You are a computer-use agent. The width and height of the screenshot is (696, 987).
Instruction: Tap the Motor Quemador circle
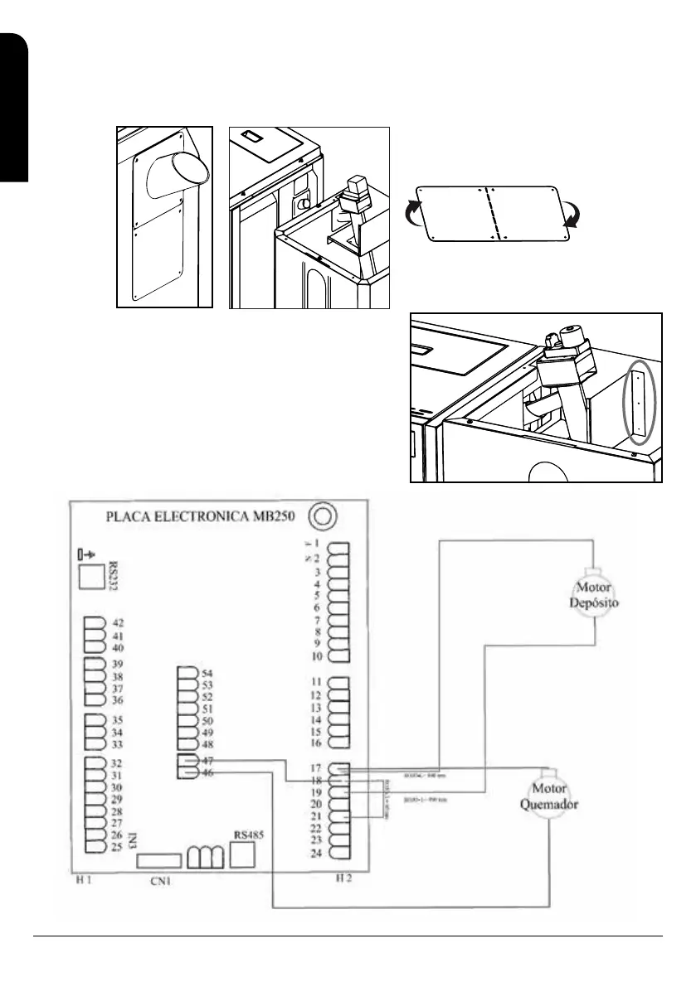pos(554,795)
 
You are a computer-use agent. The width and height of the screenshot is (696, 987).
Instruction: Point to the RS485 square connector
pos(241,855)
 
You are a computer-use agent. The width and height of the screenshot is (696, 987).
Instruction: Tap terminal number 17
pos(314,768)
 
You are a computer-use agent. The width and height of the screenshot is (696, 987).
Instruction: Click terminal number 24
pos(314,853)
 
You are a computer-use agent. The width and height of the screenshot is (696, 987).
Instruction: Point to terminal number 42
pos(117,622)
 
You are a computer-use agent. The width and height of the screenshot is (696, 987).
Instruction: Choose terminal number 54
pos(207,673)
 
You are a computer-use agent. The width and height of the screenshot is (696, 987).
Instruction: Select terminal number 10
pos(316,656)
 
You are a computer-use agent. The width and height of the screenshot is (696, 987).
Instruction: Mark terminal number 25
pos(117,846)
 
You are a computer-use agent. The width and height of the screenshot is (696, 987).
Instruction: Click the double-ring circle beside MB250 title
pos(320,515)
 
